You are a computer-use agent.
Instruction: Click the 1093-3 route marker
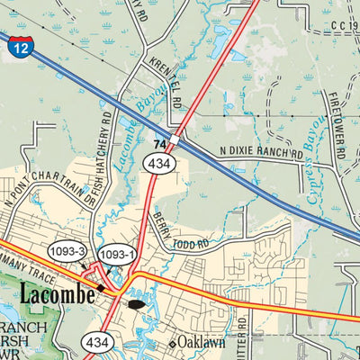67,254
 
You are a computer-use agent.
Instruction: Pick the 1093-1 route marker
117,255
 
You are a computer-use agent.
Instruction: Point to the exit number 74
159,144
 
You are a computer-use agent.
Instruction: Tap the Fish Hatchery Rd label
102,158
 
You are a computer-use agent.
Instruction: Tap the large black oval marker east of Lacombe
136,304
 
